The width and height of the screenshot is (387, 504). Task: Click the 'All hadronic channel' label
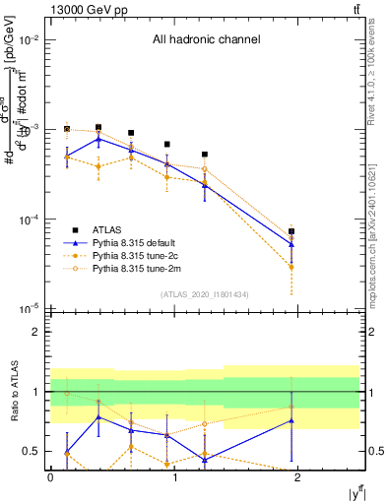(x=206, y=40)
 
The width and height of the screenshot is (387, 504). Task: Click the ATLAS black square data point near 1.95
(x=291, y=231)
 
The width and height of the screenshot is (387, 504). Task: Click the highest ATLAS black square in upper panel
(x=98, y=127)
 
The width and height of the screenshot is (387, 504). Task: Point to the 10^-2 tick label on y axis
(x=29, y=40)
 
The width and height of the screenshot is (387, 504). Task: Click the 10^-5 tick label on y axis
(x=29, y=309)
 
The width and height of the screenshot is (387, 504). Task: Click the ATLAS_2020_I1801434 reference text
(x=204, y=294)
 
